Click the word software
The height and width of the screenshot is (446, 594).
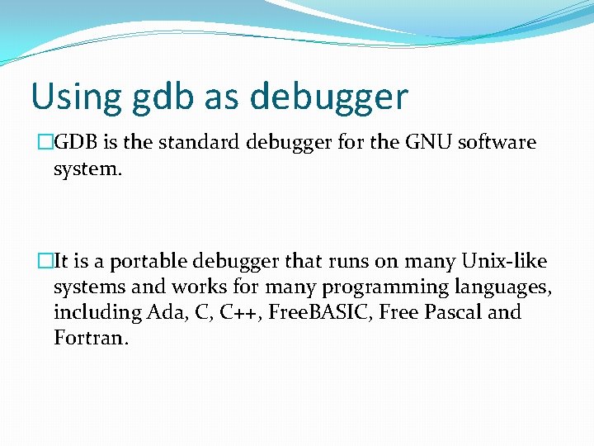tap(497, 143)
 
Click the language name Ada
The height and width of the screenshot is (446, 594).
tap(168, 313)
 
